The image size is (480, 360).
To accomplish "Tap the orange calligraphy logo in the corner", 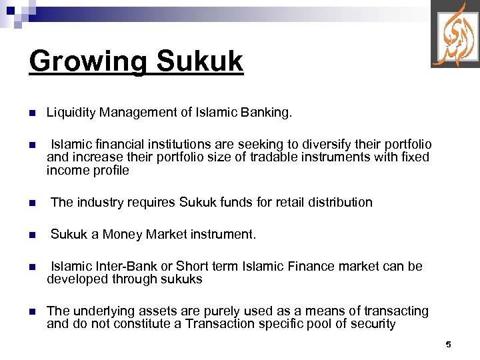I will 455,35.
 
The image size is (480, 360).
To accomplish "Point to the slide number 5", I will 448,345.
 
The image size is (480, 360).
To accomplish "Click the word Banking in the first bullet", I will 268,113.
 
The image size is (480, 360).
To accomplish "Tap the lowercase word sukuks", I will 179,279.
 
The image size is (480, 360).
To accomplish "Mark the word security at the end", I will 373,324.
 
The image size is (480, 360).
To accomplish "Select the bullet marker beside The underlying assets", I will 31,311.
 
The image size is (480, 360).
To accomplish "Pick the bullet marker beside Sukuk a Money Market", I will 31,235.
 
